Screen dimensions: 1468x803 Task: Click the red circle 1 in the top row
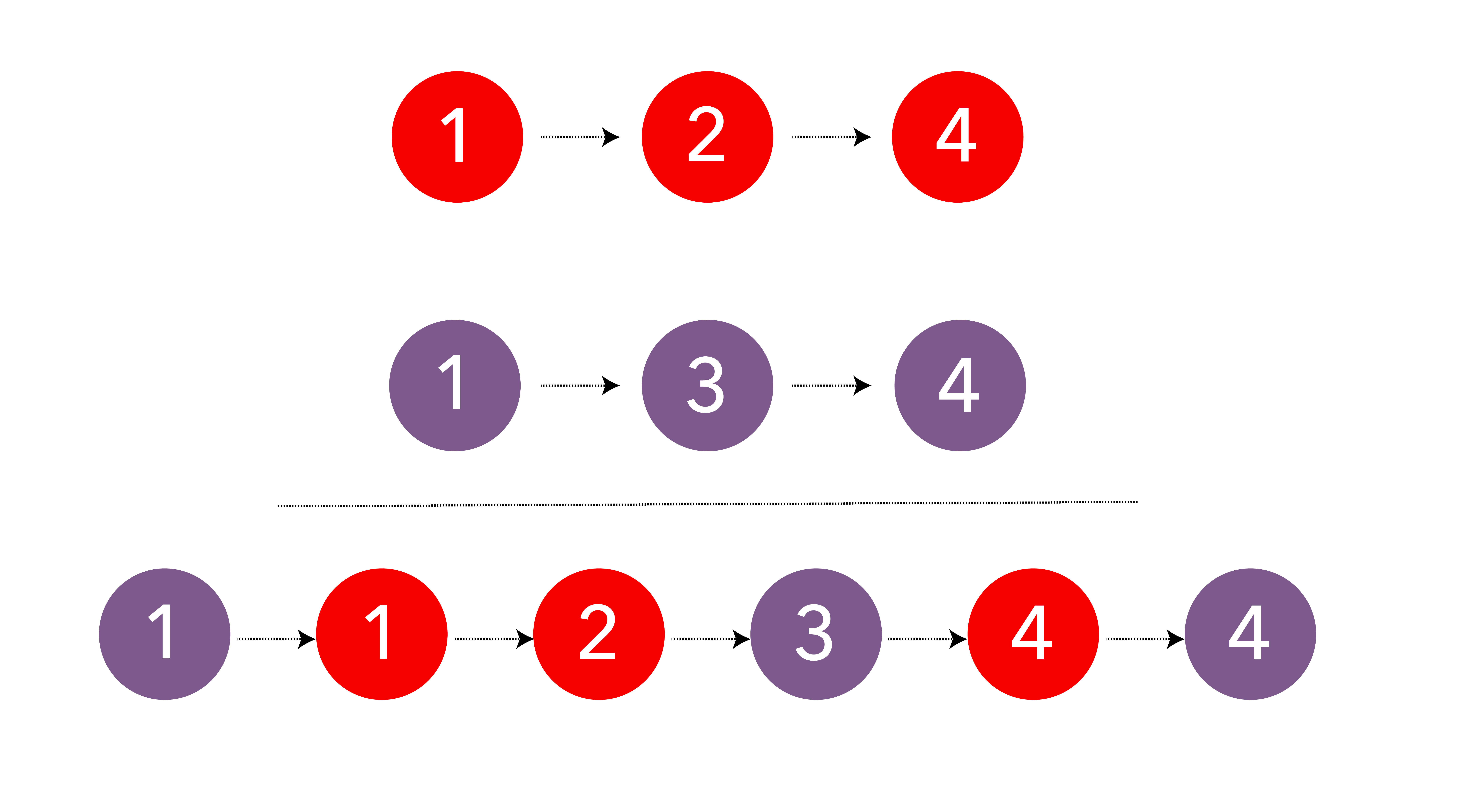457,137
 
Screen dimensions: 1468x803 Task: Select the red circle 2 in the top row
707,137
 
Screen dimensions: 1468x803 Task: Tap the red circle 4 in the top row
957,137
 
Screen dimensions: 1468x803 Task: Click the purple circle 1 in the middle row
455,386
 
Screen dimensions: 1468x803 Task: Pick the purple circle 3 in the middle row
707,386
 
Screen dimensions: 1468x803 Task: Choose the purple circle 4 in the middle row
960,386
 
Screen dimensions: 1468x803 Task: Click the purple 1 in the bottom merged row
165,634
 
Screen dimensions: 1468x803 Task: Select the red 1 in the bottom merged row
382,634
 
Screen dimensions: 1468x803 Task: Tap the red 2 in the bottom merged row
599,634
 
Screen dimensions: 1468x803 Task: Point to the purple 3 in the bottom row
816,634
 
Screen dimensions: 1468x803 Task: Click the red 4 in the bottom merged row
1033,634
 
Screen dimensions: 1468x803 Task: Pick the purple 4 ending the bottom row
1250,634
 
